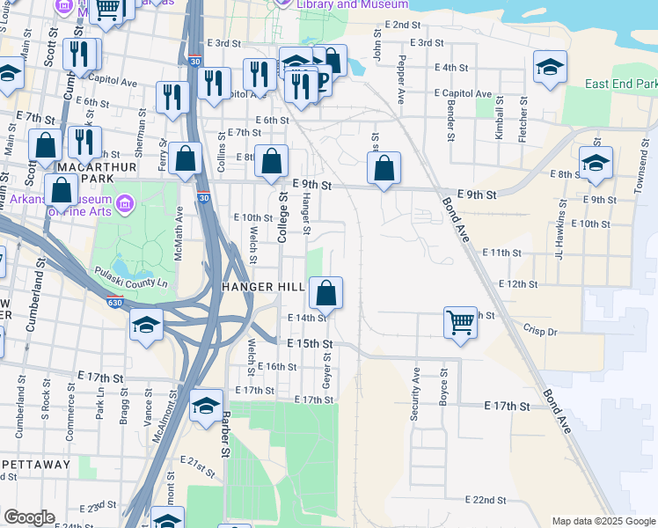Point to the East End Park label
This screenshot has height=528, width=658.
621,84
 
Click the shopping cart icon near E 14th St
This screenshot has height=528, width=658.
460,322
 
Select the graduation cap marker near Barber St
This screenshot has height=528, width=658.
206,405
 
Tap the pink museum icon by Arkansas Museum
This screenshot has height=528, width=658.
125,205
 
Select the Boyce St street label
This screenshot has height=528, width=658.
445,386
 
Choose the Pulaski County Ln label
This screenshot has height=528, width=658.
131,277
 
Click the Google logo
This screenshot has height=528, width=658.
29,517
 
